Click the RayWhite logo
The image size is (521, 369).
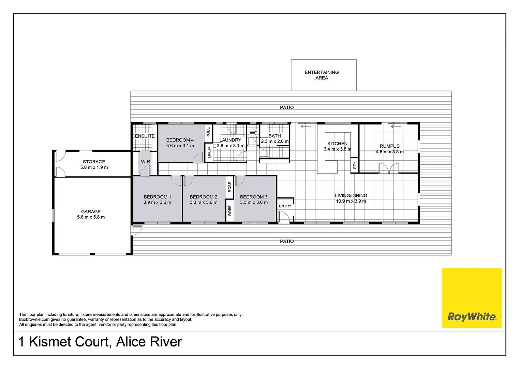[472, 317]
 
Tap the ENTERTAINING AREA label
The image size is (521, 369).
[322, 75]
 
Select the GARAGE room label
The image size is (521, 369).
[91, 211]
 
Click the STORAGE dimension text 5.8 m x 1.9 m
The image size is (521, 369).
[94, 167]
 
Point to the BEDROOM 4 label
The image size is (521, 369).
[180, 140]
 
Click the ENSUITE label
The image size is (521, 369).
[145, 136]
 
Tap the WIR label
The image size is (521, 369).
[146, 162]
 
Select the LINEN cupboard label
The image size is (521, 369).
[209, 153]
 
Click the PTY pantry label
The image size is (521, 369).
[355, 165]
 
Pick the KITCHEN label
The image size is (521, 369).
[338, 143]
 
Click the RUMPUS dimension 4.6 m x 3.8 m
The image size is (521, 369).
[390, 152]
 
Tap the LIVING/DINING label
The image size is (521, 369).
[351, 195]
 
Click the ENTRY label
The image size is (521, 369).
[285, 206]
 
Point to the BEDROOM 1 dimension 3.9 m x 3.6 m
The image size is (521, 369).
[157, 202]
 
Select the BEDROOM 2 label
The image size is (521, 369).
[204, 197]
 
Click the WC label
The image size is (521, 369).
[253, 133]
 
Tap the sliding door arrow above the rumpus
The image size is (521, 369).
[396, 127]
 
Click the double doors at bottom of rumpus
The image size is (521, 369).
[389, 168]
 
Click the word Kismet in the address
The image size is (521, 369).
[69, 342]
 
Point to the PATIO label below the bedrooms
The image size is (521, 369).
[287, 241]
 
